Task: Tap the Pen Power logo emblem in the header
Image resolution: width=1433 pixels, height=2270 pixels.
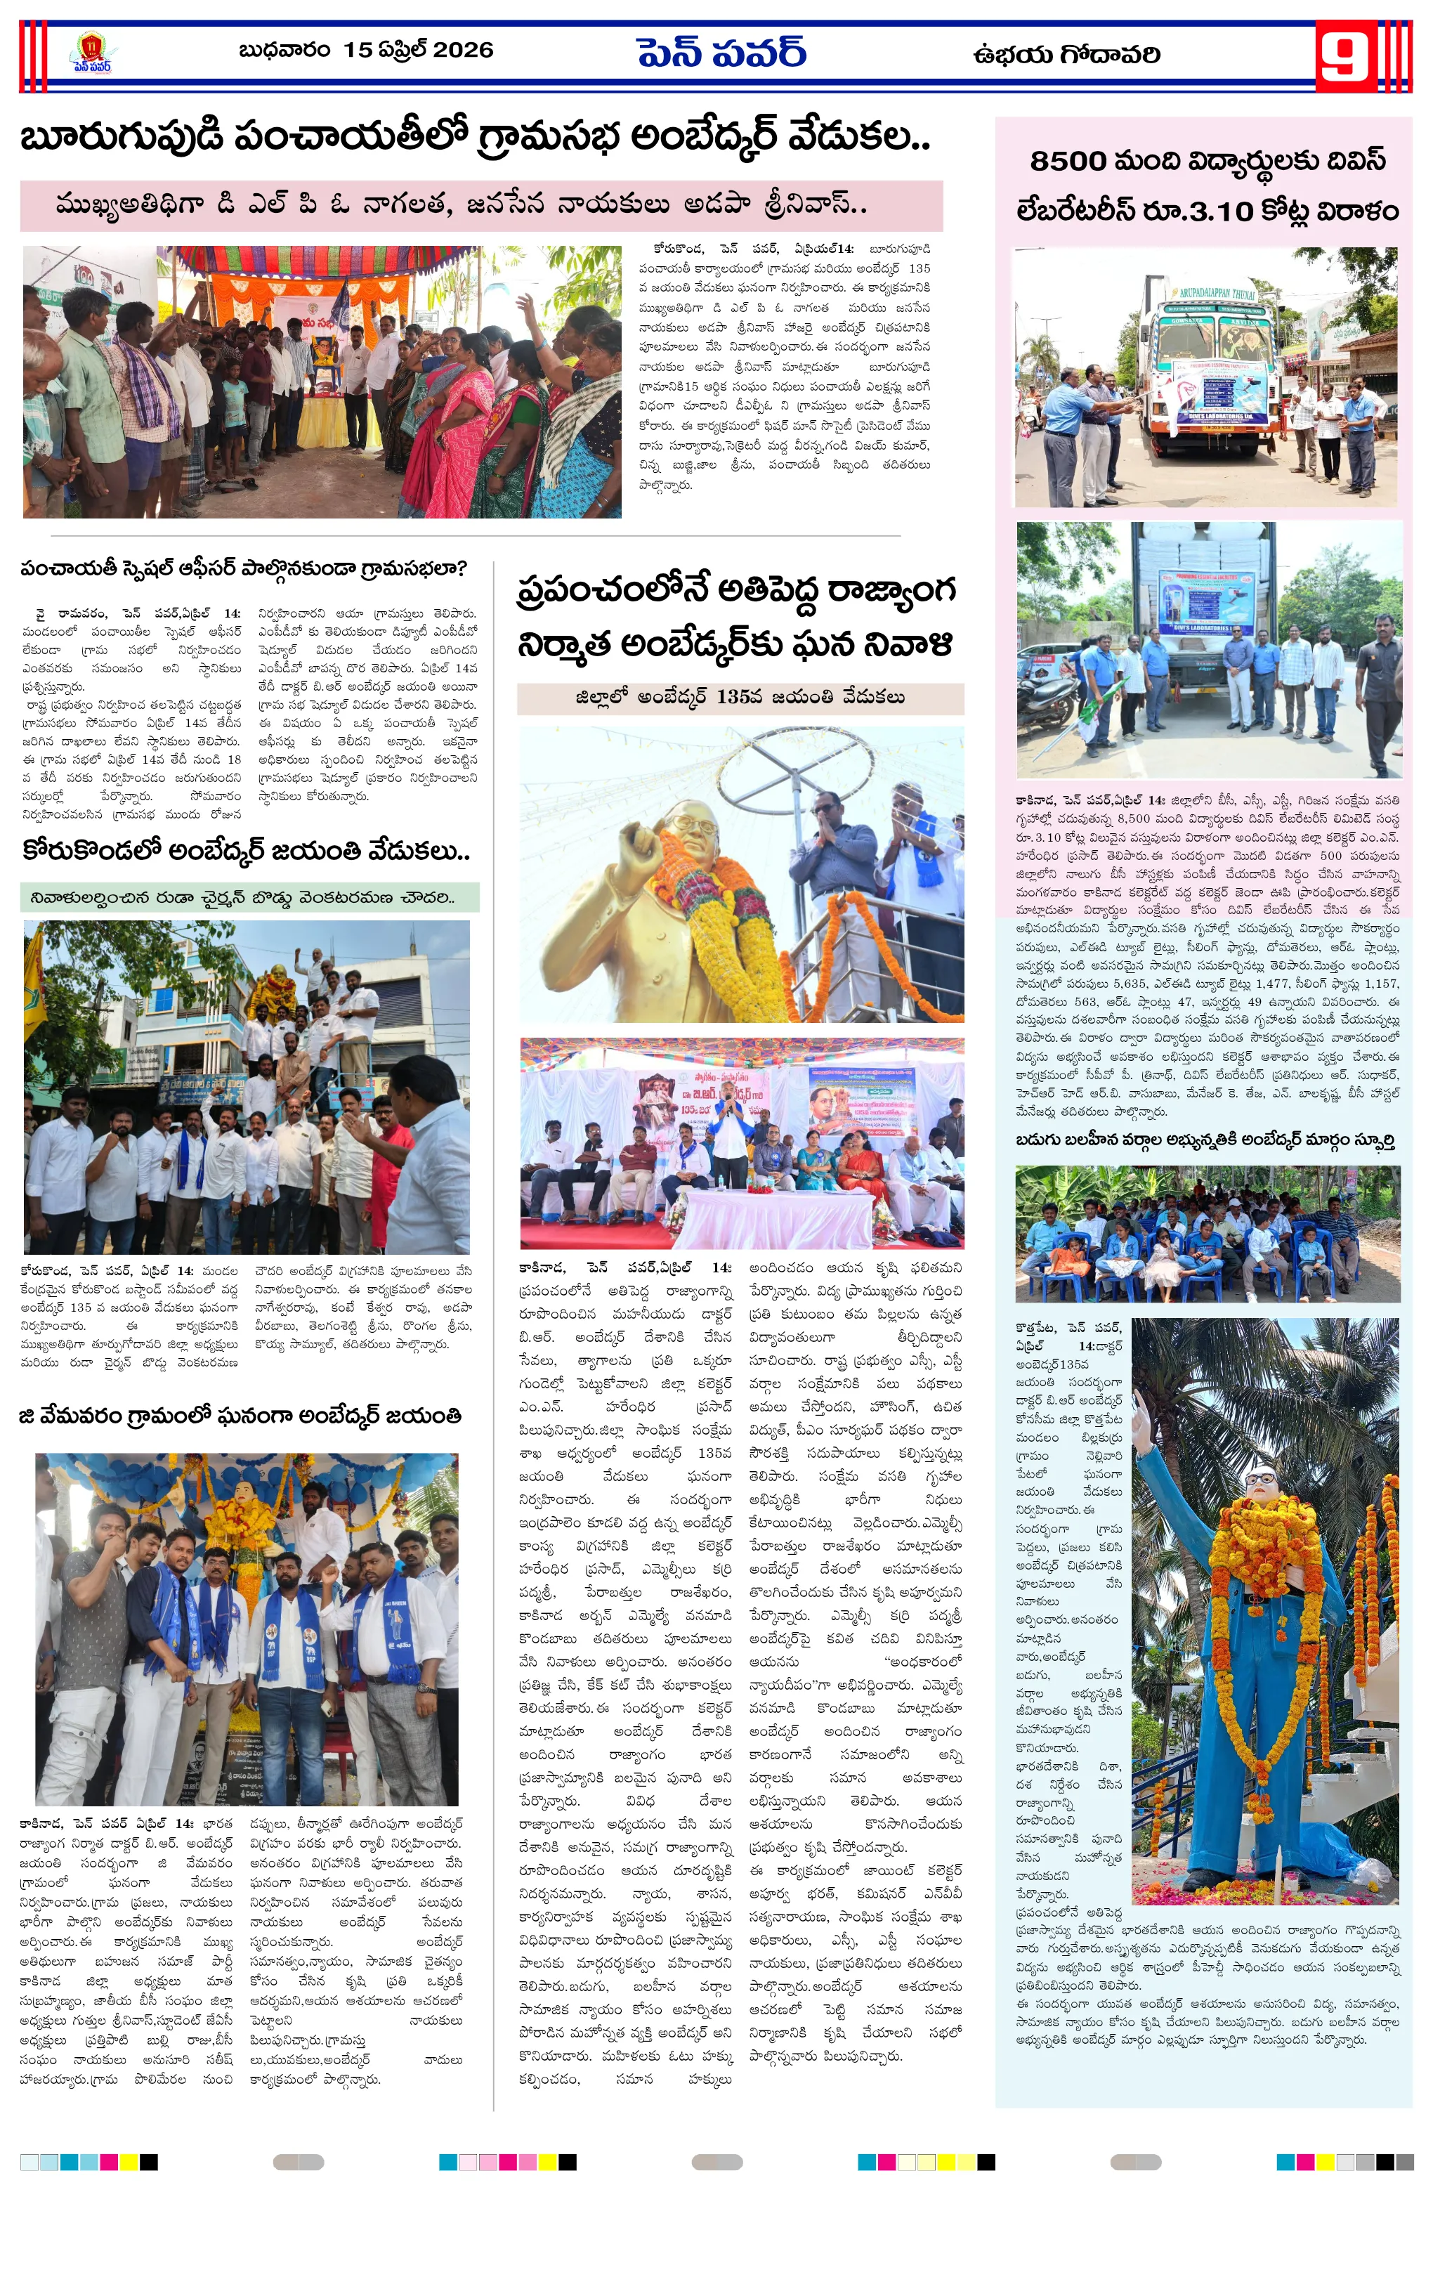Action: point(91,53)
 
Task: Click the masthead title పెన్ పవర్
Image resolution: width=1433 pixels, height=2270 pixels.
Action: point(721,53)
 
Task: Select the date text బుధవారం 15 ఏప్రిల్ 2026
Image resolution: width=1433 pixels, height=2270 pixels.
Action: point(366,50)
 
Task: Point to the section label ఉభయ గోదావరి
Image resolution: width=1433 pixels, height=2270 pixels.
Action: point(1066,56)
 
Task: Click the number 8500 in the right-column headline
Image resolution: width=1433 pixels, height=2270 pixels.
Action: point(1068,161)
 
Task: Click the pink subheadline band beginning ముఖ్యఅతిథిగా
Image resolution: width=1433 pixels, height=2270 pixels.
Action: point(480,206)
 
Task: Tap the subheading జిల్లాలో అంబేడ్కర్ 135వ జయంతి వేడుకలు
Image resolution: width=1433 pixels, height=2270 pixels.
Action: point(740,698)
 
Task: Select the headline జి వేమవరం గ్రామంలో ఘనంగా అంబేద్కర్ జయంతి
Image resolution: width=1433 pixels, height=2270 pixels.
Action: point(240,1416)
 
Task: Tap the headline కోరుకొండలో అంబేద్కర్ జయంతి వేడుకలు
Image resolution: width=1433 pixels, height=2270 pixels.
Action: point(245,852)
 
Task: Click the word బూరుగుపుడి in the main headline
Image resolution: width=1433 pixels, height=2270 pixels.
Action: point(122,138)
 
